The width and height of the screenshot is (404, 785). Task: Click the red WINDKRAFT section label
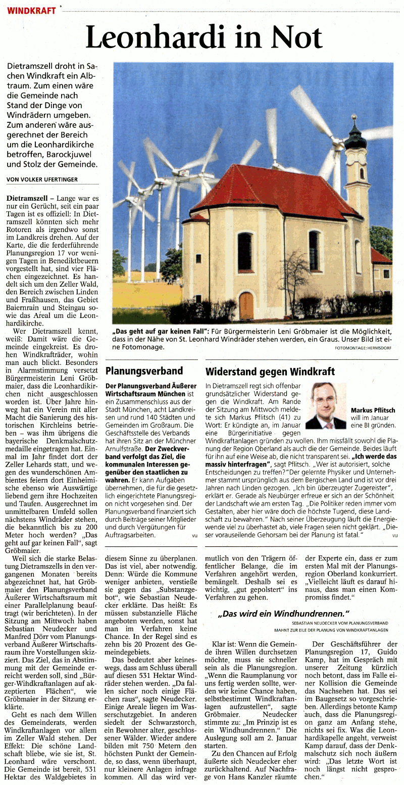click(31, 10)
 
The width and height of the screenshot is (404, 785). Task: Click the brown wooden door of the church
click(246, 306)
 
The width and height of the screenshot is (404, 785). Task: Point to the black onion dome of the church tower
click(356, 137)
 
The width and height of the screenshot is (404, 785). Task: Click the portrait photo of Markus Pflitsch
click(326, 406)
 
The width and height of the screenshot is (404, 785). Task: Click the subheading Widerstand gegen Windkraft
click(270, 372)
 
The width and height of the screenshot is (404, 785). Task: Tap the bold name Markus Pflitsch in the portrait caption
click(373, 410)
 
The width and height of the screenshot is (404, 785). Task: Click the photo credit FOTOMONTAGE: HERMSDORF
click(363, 348)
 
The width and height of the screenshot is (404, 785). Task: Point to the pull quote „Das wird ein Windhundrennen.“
click(283, 614)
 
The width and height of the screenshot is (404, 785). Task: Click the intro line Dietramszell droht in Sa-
click(52, 66)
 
